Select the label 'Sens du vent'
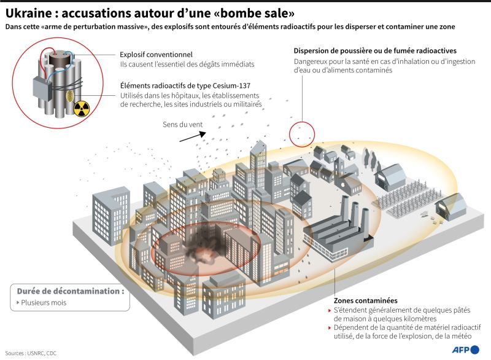[x=182, y=124]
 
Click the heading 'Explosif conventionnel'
[x=156, y=54]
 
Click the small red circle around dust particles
[x=301, y=133]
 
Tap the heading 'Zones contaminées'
[x=365, y=300]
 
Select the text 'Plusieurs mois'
[x=44, y=302]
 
